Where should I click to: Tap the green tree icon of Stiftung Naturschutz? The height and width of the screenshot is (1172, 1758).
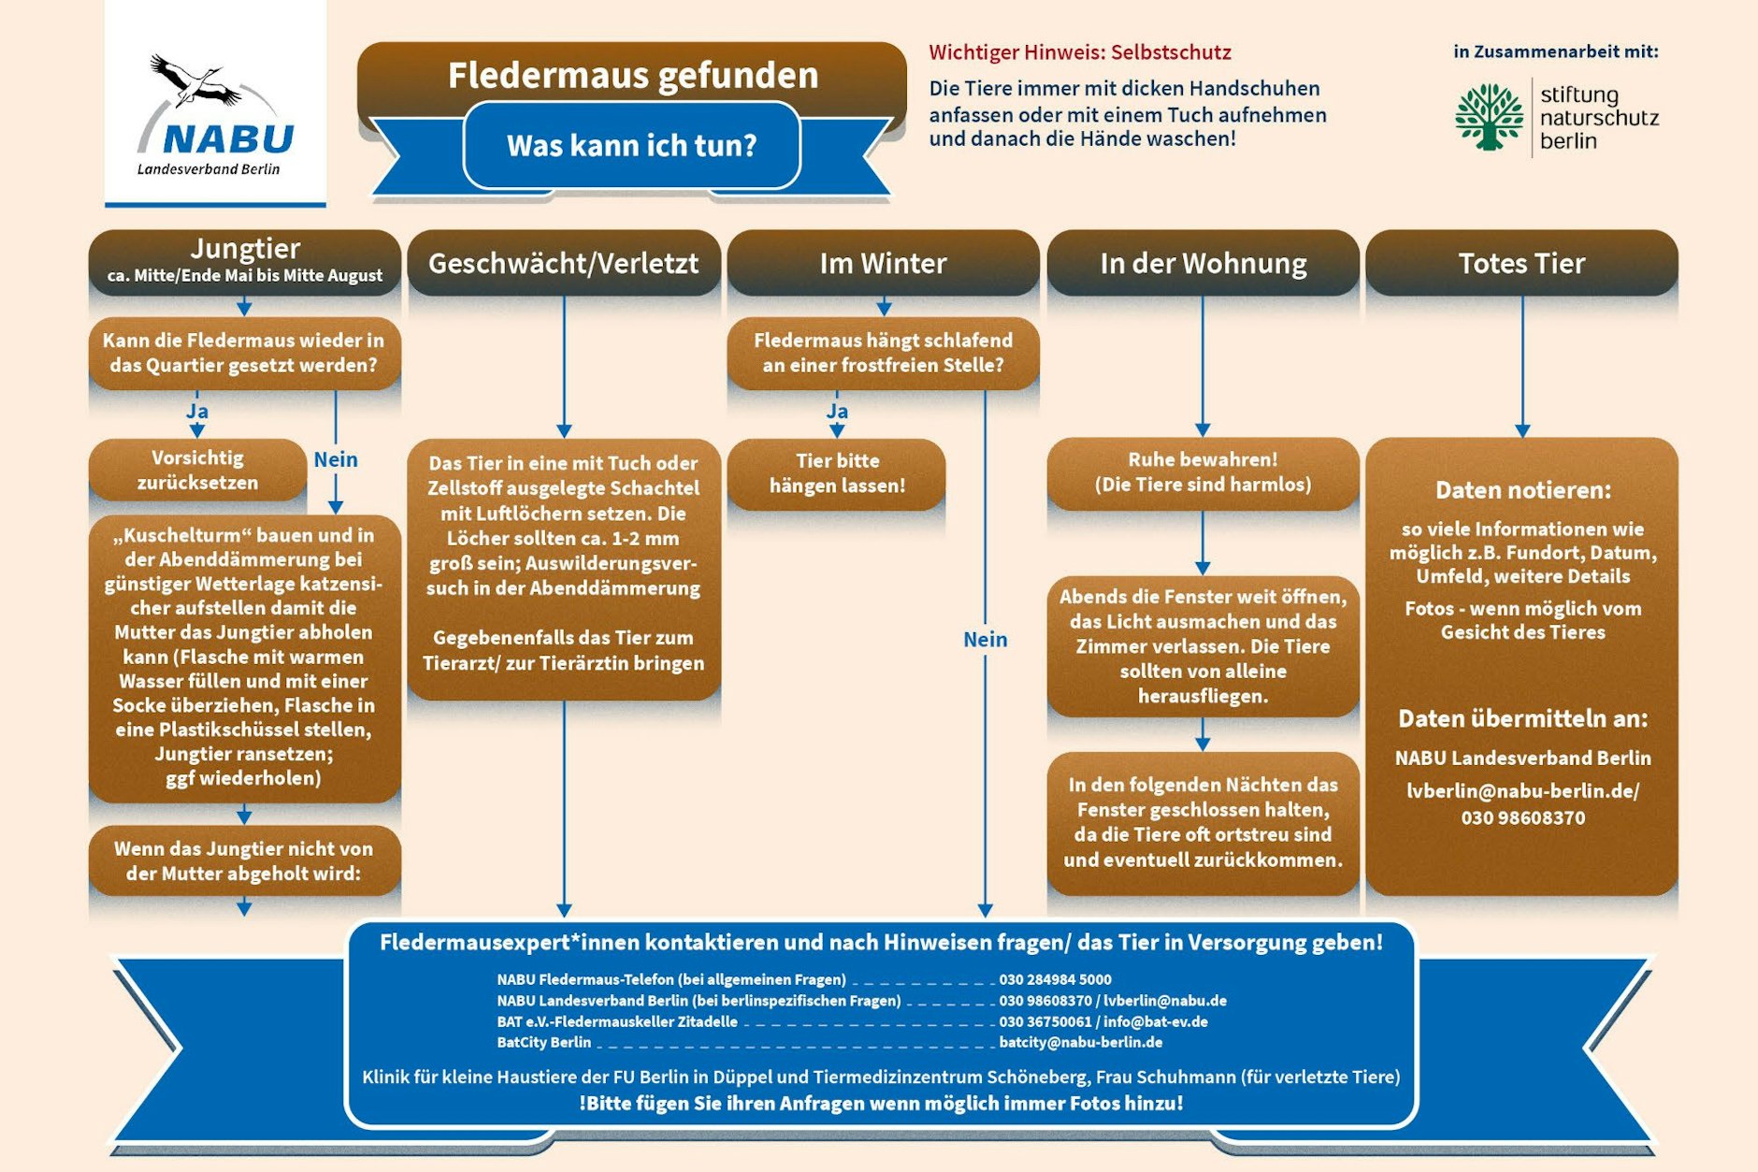(x=1489, y=117)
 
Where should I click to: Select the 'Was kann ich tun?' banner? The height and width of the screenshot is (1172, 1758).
(x=631, y=146)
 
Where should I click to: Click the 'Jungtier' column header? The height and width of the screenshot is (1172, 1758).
(x=244, y=261)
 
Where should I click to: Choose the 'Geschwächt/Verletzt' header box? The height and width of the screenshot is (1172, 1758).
(x=563, y=264)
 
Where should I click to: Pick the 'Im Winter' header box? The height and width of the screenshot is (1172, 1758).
(x=883, y=264)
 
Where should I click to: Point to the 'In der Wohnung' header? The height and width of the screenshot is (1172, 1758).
(x=1203, y=264)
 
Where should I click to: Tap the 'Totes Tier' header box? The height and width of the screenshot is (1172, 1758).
(x=1521, y=264)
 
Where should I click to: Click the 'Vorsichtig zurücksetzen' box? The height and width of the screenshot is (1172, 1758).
(x=197, y=470)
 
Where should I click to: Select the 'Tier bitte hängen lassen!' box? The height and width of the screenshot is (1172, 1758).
(x=837, y=473)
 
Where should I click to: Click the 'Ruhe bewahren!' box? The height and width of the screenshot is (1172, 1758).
(x=1203, y=472)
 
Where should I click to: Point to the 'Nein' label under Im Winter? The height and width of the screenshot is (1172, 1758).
(x=985, y=640)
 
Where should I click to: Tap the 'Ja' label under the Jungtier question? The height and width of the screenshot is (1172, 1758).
(x=196, y=412)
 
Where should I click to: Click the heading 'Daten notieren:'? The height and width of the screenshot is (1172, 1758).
(x=1522, y=490)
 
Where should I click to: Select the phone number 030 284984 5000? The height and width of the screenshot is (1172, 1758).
(x=1055, y=979)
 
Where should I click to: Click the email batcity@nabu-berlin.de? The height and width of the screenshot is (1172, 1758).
(x=1080, y=1042)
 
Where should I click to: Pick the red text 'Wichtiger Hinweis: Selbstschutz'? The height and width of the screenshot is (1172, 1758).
(x=1079, y=52)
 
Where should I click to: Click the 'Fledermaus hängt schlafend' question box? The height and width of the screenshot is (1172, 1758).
(x=883, y=353)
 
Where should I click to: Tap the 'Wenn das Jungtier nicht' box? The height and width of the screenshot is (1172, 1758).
(x=244, y=861)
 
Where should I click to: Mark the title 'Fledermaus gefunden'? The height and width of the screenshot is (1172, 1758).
(x=632, y=76)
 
